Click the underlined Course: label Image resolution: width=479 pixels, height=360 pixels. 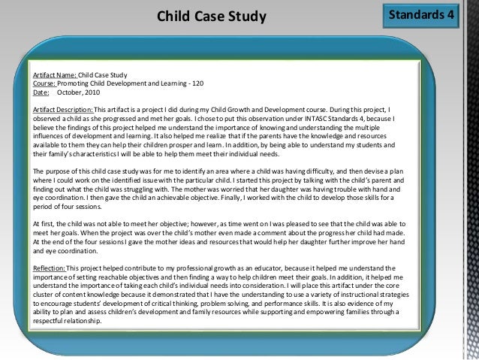tap(44, 83)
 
